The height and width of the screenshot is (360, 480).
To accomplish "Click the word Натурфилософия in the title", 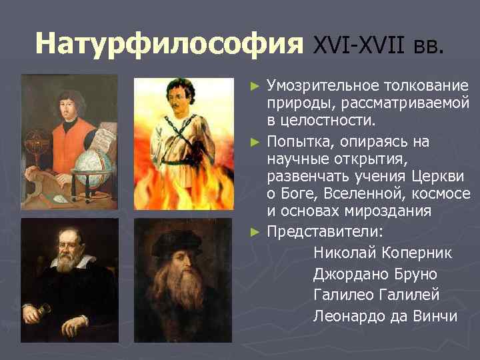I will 165,44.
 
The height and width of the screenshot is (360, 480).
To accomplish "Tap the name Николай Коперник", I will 382,253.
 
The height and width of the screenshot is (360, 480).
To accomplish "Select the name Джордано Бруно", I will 375,274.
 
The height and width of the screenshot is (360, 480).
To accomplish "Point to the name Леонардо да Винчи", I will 385,316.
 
